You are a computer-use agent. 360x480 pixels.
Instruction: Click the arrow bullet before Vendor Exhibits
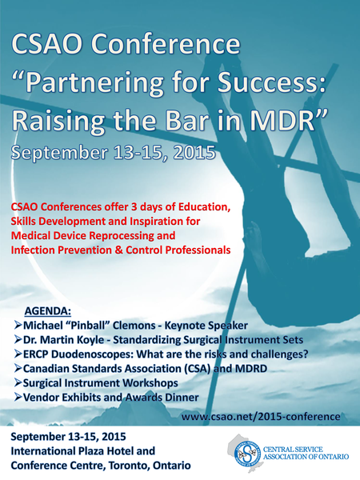pos(18,397)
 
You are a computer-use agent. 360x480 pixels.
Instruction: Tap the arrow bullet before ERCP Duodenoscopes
pos(18,354)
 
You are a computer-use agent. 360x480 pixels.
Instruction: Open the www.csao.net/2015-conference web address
pos(261,417)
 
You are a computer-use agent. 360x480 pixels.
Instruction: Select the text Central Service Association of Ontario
pos(306,453)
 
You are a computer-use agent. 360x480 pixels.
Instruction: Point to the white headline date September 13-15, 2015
pos(113,152)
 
